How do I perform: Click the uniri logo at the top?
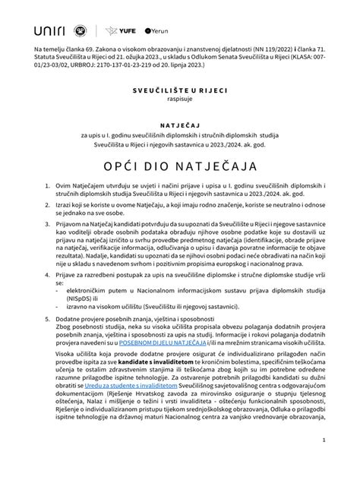[x=52, y=30]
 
